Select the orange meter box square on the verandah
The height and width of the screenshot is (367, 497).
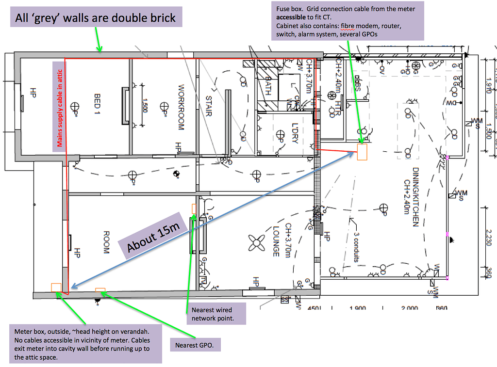[56, 287]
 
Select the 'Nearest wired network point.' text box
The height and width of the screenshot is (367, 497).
[216, 314]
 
